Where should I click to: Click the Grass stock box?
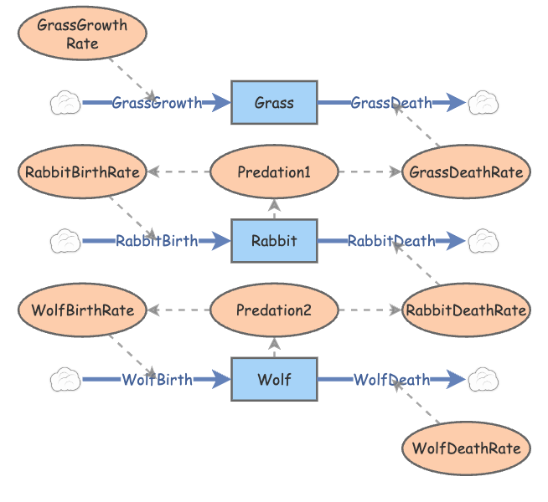pos(274,103)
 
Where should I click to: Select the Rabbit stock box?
pos(274,241)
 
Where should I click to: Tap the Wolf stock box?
pos(274,380)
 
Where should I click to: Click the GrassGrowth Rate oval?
pos(82,33)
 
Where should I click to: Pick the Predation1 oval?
pos(274,172)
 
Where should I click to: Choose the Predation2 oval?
pos(274,310)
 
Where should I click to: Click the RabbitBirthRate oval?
pos(82,172)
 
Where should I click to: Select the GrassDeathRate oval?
pos(466,172)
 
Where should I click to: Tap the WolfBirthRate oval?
pos(82,310)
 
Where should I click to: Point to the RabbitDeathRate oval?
pos(466,310)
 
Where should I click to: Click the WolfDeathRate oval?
pos(466,448)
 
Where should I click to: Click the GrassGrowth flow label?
pos(158,103)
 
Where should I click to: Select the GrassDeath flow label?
pos(391,103)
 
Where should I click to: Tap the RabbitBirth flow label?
pos(158,241)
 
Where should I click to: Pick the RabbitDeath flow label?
pos(391,241)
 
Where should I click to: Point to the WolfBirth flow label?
pos(158,380)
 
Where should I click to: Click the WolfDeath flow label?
pos(391,380)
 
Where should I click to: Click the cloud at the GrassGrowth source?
pos(65,103)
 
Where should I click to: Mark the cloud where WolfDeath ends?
pos(483,380)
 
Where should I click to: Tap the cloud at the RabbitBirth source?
pos(65,241)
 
